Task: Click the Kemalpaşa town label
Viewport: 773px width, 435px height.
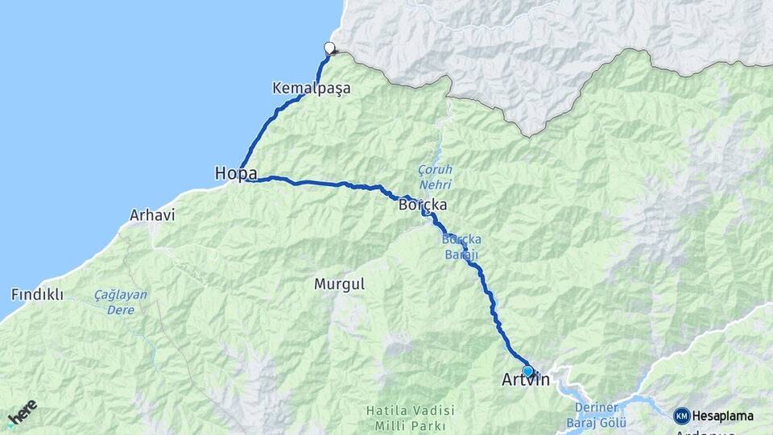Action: (312, 88)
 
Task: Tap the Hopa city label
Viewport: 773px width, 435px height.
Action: (236, 173)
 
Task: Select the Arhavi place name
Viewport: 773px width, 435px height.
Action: (152, 215)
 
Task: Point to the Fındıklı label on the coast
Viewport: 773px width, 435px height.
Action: (37, 294)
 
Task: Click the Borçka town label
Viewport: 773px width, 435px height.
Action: (423, 205)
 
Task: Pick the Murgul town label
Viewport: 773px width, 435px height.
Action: (339, 284)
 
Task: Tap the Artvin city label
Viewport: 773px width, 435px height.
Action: (525, 379)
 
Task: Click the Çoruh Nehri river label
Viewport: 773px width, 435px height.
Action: (435, 177)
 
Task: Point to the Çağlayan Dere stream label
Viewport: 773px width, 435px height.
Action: (120, 302)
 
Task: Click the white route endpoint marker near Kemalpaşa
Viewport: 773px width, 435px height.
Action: (329, 47)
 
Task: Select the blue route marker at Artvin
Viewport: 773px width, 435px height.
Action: (528, 371)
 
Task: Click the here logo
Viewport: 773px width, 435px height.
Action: (22, 412)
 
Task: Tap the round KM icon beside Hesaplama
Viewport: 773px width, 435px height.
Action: (682, 416)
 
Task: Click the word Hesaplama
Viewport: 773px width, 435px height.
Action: (724, 416)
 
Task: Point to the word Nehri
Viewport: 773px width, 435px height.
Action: (435, 184)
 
